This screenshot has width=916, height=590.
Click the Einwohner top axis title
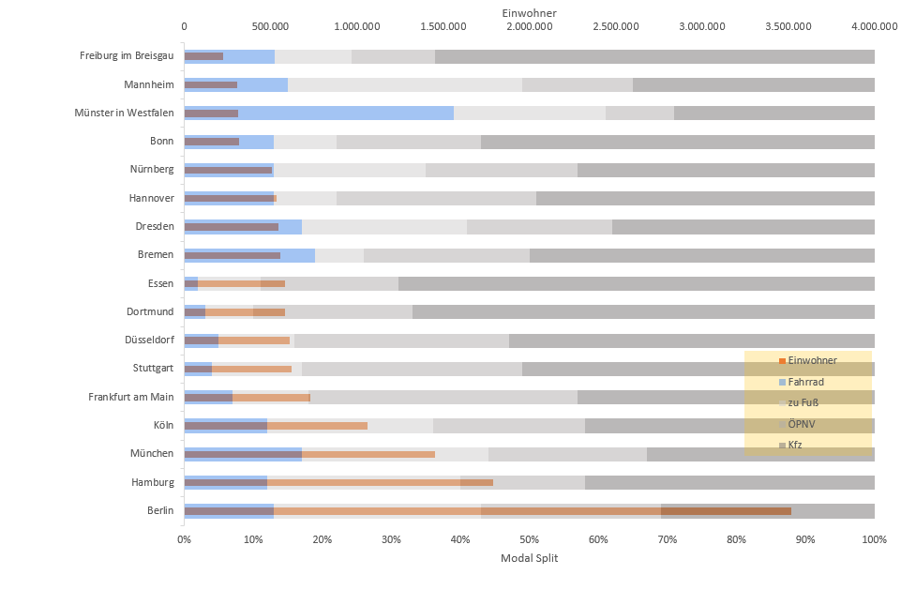click(529, 12)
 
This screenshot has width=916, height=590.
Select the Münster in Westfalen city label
click(124, 113)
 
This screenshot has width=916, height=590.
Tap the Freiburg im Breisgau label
click(127, 56)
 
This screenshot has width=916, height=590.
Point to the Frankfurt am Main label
click(131, 397)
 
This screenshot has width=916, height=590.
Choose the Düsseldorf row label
click(149, 340)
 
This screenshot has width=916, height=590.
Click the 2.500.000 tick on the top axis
click(616, 26)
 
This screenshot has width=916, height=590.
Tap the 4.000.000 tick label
click(874, 26)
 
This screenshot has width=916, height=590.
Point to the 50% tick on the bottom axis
click(529, 539)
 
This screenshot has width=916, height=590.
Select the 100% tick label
click(874, 539)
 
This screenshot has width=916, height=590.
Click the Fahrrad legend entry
click(806, 382)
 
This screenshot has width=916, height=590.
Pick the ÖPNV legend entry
click(803, 423)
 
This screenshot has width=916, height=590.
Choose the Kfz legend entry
click(795, 445)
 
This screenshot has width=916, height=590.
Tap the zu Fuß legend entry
click(804, 401)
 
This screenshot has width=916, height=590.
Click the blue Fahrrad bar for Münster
click(347, 113)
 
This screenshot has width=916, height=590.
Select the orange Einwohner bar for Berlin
click(563, 511)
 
